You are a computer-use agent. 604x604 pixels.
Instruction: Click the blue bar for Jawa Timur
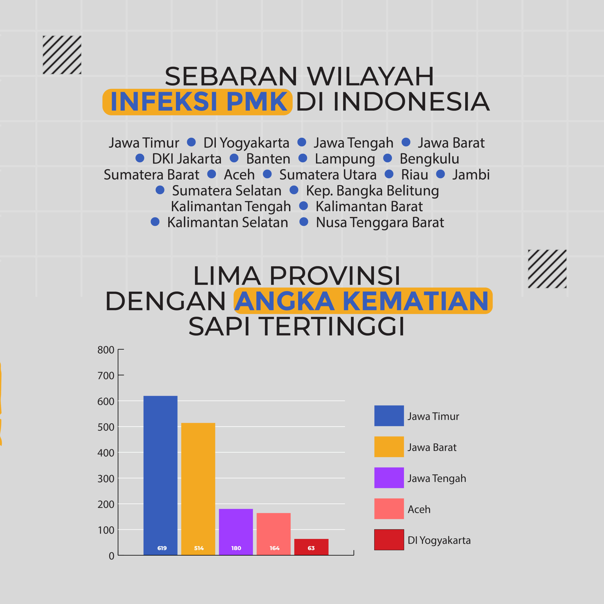click(160, 475)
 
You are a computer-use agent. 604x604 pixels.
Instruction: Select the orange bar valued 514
click(198, 489)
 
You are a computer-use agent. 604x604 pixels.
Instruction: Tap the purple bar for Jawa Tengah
click(236, 532)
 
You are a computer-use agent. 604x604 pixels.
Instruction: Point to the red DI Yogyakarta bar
click(311, 547)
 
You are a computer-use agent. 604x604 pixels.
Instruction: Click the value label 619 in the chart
click(162, 548)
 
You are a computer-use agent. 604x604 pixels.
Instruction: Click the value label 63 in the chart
click(311, 548)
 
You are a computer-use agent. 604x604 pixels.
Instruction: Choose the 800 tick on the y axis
click(106, 350)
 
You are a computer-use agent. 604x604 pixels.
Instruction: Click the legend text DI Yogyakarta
click(439, 541)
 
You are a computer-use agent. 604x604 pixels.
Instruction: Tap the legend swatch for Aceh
click(389, 509)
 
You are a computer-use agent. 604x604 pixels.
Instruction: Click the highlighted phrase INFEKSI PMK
click(199, 102)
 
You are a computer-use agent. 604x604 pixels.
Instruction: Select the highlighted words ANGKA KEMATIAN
click(362, 301)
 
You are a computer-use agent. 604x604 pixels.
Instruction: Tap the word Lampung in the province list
click(345, 159)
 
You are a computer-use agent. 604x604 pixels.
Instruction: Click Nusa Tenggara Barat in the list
click(380, 222)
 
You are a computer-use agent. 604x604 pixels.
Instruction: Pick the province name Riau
click(415, 174)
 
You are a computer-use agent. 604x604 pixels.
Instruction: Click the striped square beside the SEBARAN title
click(62, 55)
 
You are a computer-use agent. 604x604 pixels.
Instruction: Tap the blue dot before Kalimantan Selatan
click(155, 222)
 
